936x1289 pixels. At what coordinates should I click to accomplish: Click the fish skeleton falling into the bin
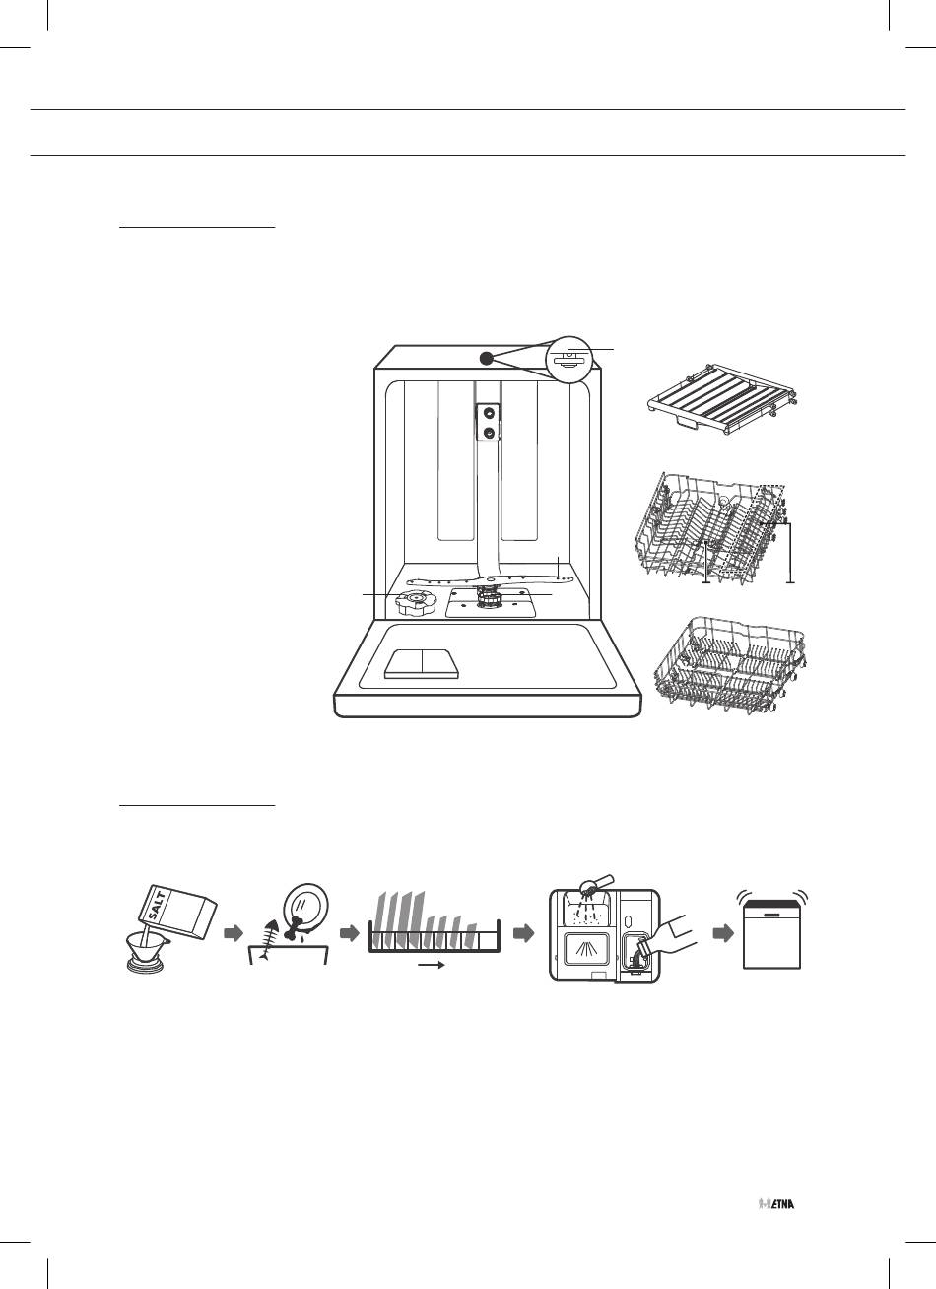269,938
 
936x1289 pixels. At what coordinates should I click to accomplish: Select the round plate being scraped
307,911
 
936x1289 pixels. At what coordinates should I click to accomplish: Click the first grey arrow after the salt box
234,934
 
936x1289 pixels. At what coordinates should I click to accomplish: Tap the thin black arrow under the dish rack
432,966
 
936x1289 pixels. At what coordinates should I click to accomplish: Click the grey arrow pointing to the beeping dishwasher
723,934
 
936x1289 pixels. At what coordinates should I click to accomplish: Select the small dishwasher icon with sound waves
772,931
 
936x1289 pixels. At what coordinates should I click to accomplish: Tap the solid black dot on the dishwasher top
486,358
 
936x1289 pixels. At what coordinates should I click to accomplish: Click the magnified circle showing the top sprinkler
568,359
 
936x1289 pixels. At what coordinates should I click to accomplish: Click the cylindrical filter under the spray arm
489,599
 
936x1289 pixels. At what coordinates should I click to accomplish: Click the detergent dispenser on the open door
423,664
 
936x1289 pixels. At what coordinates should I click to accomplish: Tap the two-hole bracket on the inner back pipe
489,423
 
